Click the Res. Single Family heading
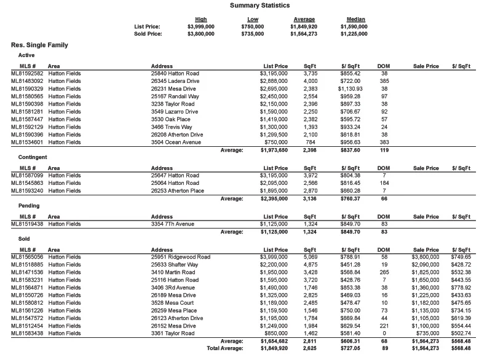[x=39, y=45]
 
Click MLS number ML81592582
[x=27, y=73]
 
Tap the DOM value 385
[x=384, y=80]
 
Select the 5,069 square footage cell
[x=311, y=257]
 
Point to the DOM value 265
[x=384, y=272]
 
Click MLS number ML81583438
[x=27, y=334]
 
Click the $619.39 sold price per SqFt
[x=460, y=318]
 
